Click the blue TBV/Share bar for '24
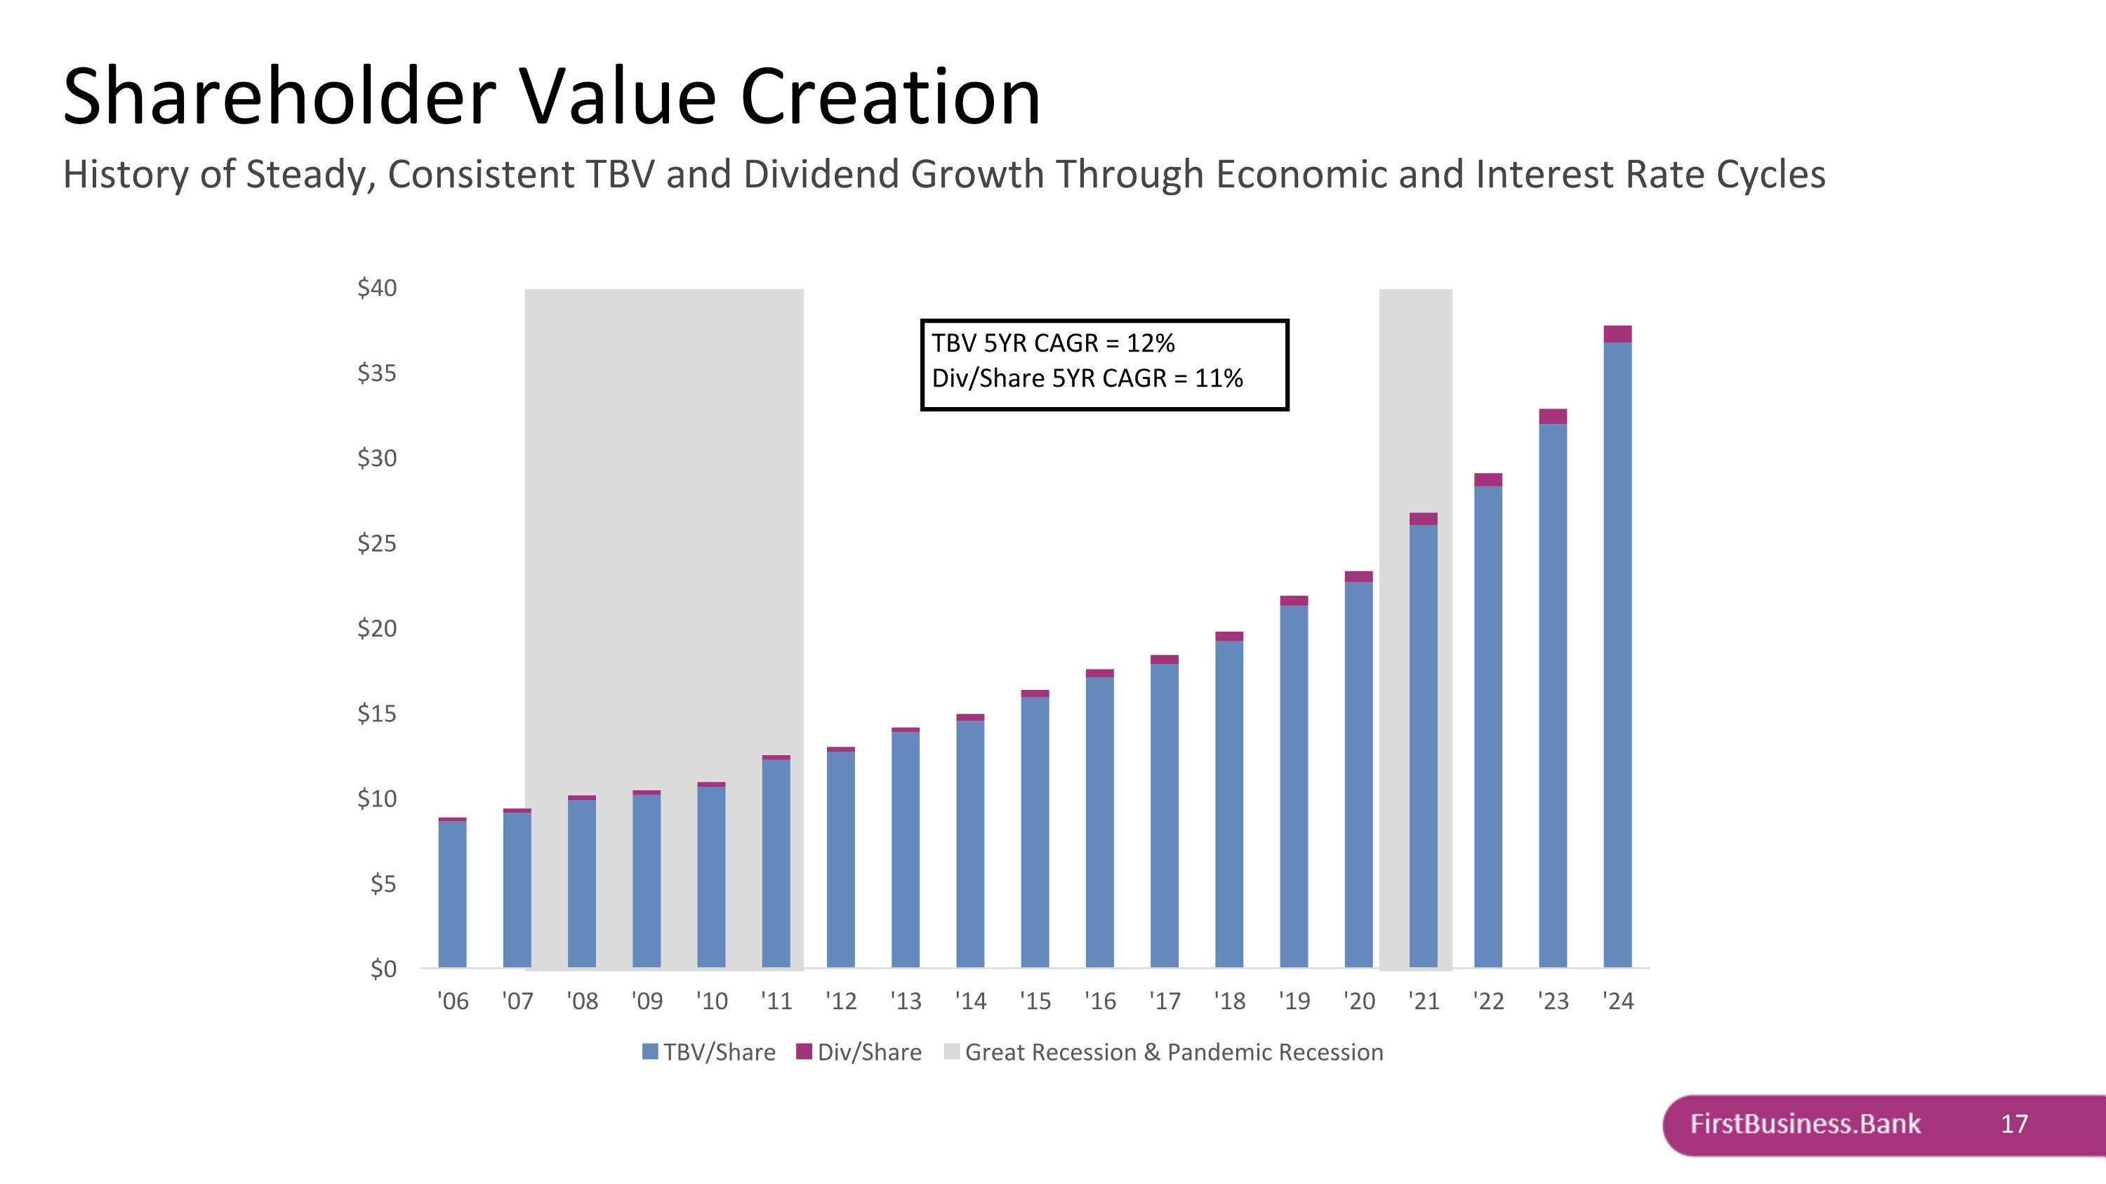1617,653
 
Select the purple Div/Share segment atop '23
1553,416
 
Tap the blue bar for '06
452,894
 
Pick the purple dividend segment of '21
1424,519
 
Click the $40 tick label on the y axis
377,288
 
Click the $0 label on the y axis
383,969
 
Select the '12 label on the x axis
840,1001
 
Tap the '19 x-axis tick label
1294,1001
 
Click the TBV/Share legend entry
709,1053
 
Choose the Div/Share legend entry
859,1053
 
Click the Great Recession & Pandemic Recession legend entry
1163,1053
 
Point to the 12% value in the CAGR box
1151,343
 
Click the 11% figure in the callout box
1218,378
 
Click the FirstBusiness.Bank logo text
1805,1124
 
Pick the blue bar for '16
1099,821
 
